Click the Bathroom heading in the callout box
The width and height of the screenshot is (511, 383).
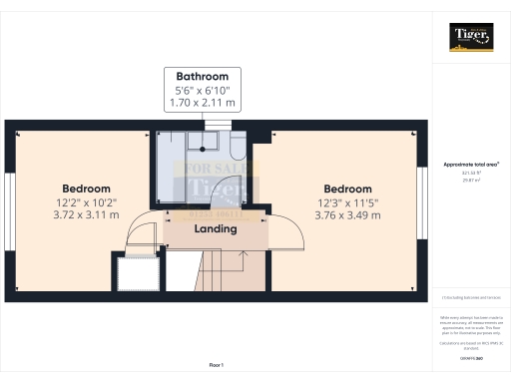[203, 76]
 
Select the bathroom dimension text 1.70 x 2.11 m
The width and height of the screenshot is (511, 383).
[203, 103]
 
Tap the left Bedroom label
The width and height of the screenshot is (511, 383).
[87, 189]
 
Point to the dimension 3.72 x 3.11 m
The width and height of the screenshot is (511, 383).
[87, 214]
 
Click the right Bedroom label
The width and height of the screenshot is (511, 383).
[348, 189]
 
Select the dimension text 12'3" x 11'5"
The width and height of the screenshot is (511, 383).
[348, 201]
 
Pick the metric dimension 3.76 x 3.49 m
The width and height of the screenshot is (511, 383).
[348, 214]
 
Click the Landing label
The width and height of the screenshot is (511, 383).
[215, 229]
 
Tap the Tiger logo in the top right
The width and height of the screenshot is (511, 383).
[470, 37]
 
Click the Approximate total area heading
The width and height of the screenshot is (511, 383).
[470, 164]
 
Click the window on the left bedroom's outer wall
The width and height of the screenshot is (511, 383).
[10, 209]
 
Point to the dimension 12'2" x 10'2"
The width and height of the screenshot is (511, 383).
[87, 201]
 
